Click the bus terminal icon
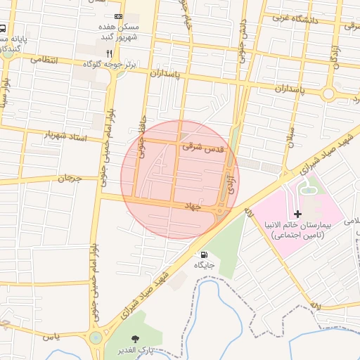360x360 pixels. [x=3, y=30]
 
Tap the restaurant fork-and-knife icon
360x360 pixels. [x=108, y=53]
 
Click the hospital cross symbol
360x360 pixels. [x=297, y=213]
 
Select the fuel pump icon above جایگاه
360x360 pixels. [x=204, y=255]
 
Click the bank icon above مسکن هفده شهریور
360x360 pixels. [x=117, y=15]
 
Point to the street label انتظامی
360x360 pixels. [x=45, y=61]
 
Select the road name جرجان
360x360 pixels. [x=70, y=179]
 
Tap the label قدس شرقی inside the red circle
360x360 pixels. [x=202, y=148]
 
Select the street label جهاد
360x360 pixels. [x=192, y=207]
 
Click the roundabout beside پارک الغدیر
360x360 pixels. [x=95, y=338]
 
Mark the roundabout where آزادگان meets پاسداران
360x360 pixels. [x=328, y=94]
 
